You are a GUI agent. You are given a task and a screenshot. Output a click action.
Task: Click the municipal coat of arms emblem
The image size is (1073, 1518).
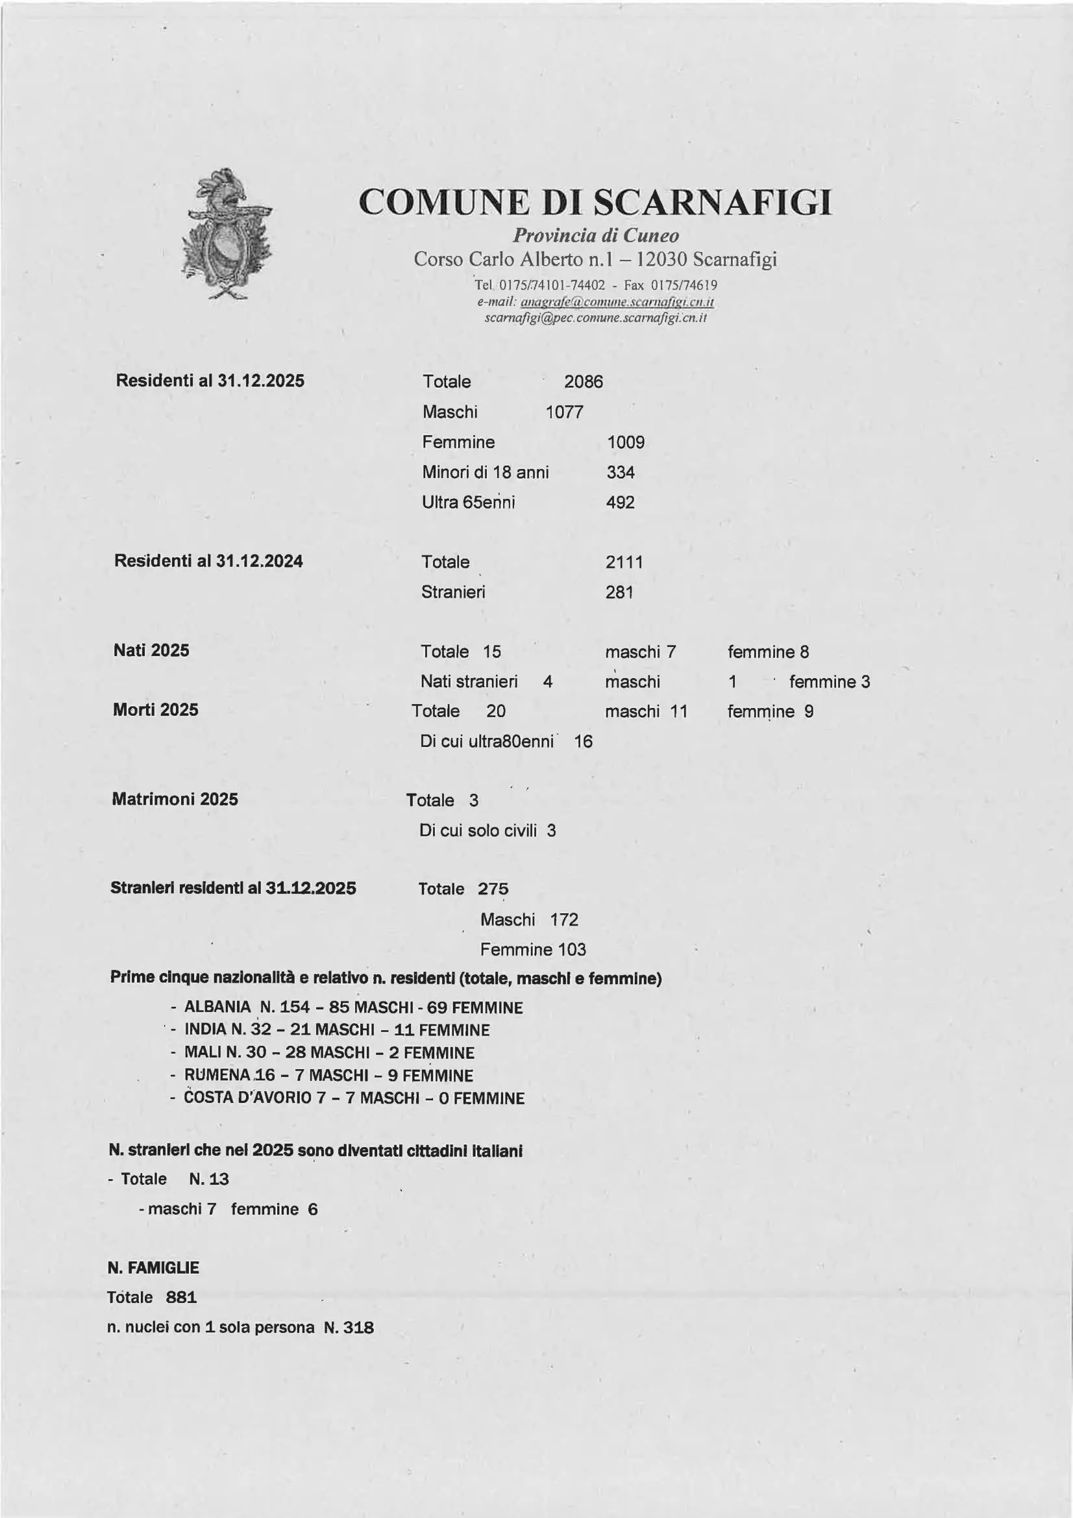(226, 234)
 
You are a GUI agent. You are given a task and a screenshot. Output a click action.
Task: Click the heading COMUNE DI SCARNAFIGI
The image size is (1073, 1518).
(595, 203)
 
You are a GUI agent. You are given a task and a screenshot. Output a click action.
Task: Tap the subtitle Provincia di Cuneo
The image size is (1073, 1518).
(595, 236)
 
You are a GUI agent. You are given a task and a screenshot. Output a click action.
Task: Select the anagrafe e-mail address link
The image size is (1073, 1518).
(617, 302)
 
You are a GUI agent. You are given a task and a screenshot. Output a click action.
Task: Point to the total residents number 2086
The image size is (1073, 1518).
(584, 382)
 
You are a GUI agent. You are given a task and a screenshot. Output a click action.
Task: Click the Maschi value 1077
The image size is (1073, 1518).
(564, 412)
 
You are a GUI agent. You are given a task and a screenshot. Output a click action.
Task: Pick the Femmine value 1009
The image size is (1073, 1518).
(626, 442)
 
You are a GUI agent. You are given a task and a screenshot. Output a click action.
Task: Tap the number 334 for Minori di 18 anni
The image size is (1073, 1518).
(621, 473)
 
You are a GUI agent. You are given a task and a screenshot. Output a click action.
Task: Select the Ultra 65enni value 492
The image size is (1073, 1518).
(621, 503)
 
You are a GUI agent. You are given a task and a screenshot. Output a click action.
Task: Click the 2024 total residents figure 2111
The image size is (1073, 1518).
(624, 563)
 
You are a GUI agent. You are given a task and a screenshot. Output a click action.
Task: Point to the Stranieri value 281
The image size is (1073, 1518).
(619, 592)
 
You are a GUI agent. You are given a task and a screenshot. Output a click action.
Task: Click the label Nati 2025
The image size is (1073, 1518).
(151, 651)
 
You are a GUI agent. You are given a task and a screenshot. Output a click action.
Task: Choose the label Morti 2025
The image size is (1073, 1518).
(156, 710)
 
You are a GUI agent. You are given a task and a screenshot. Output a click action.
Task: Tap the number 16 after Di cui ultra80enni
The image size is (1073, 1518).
(583, 742)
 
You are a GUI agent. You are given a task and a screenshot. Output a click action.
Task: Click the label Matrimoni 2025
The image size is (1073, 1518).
(175, 800)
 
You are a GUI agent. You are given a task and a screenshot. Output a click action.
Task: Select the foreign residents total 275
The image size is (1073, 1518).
(493, 889)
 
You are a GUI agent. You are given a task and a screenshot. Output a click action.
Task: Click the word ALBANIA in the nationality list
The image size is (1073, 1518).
(217, 1007)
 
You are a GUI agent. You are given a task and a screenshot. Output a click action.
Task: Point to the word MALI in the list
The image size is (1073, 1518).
(203, 1052)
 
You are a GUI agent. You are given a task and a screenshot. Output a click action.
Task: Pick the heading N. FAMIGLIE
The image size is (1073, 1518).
(153, 1268)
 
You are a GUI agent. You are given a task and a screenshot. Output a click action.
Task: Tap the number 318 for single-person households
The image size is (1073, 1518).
(359, 1328)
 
